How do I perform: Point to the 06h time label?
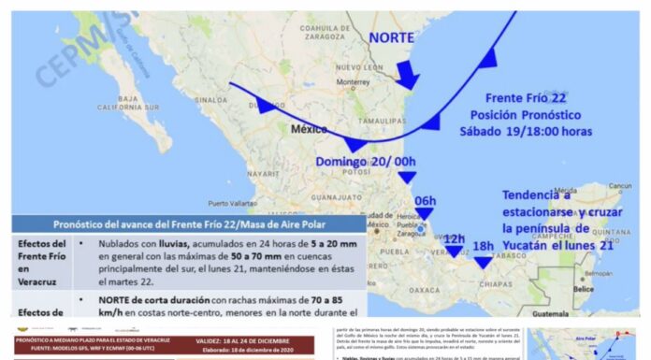point(426,200)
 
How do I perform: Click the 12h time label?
point(454,238)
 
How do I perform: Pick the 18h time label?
point(485,245)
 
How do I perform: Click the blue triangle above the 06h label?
point(407,178)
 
